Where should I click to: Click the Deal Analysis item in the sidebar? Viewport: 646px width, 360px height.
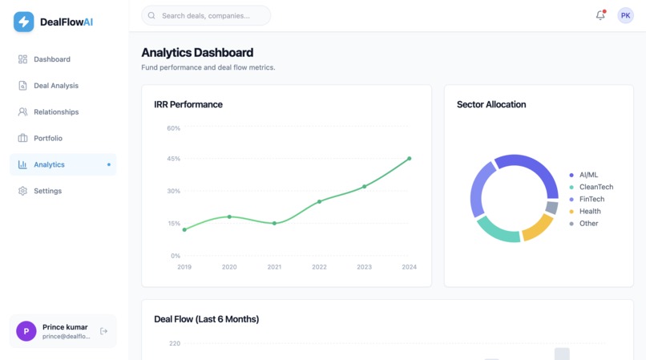(55, 86)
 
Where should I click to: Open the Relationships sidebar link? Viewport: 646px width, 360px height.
(55, 112)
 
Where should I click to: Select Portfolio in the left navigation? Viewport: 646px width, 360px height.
(47, 139)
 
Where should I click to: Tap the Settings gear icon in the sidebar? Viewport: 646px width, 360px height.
(22, 191)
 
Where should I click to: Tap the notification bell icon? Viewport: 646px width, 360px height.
(600, 15)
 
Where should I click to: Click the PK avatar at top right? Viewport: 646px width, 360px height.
(625, 15)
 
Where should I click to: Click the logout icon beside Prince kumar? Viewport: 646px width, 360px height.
(103, 331)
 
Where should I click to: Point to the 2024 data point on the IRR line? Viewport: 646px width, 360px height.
(410, 159)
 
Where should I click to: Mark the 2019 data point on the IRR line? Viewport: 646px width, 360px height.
(184, 230)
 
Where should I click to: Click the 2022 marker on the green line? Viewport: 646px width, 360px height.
(319, 202)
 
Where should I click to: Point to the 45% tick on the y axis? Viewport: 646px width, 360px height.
(174, 159)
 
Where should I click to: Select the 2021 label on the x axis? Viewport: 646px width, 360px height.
(274, 267)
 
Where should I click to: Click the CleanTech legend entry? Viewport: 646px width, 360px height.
(596, 187)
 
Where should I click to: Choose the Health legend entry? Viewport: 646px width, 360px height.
(589, 212)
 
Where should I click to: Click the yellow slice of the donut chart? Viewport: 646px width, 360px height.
(536, 229)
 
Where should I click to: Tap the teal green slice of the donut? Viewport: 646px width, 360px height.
(497, 229)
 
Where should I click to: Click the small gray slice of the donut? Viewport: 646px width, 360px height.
(551, 208)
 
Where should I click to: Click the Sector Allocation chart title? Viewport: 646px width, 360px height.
(491, 104)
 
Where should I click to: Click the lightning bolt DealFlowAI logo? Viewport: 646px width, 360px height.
(24, 22)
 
